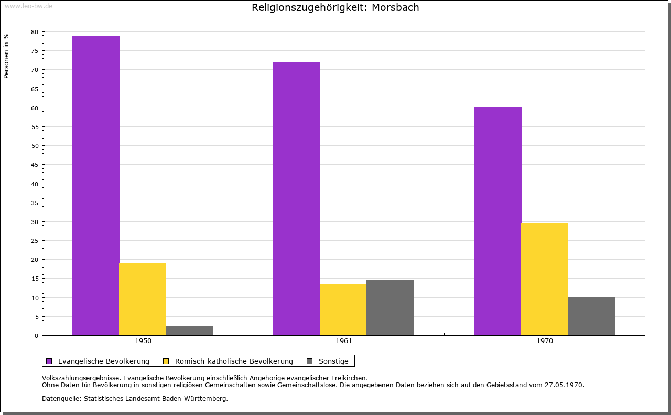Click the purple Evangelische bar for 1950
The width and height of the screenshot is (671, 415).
96,186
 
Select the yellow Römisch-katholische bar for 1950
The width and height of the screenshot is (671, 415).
143,299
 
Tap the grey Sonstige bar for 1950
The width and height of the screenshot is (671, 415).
189,331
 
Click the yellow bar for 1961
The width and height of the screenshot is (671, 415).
343,310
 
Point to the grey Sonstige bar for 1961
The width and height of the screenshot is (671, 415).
390,307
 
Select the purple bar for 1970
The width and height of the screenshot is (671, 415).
498,221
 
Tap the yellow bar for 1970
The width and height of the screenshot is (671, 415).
544,279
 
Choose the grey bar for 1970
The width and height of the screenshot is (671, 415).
591,316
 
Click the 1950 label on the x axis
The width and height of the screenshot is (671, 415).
143,341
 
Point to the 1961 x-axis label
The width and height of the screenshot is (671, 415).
344,341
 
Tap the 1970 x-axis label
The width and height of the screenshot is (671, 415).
545,341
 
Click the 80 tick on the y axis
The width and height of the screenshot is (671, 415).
35,32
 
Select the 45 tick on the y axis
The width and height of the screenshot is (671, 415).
35,165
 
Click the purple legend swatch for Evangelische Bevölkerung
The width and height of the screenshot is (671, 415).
49,361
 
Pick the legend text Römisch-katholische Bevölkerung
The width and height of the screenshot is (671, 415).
234,361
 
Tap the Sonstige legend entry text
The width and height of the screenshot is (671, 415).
333,361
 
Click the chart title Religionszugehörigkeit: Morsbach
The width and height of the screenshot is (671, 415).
335,8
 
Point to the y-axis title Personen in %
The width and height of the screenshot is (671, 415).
6,56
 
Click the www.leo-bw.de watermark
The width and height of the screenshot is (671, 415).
28,5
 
